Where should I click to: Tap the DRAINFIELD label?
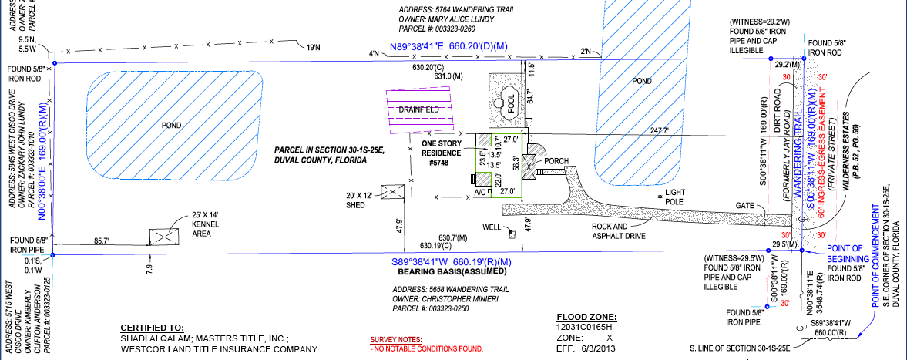418,109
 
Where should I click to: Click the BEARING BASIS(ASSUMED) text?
451,271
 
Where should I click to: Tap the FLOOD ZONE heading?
586,317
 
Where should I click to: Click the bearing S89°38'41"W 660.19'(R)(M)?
451,261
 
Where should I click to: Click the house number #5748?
439,163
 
